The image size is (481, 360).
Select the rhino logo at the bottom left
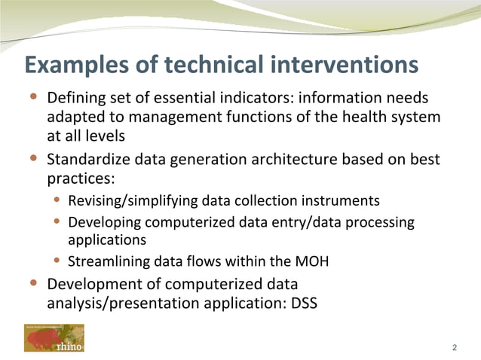(54, 338)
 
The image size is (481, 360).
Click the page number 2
(454, 347)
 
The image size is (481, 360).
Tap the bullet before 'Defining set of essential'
(33, 97)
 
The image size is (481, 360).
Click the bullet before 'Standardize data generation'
(33, 159)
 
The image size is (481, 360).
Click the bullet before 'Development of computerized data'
(33, 283)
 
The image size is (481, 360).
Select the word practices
(78, 180)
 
